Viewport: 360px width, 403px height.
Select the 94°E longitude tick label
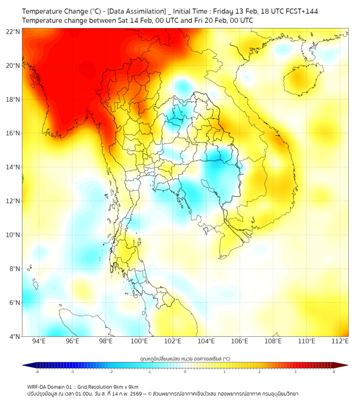click(x=39, y=341)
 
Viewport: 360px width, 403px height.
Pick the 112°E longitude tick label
click(x=340, y=341)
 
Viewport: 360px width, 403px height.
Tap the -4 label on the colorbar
click(x=37, y=373)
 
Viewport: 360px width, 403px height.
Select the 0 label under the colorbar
click(x=185, y=373)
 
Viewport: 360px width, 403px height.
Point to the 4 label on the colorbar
click(x=334, y=373)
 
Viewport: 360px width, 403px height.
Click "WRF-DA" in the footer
click(x=38, y=386)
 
